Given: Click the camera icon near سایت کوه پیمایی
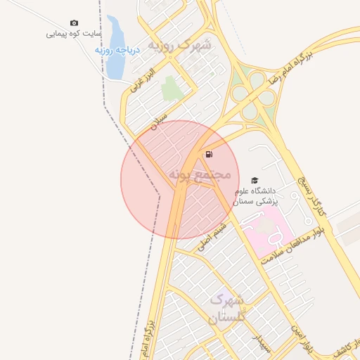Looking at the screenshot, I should click(x=75, y=23).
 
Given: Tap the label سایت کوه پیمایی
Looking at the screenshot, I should click(x=74, y=33).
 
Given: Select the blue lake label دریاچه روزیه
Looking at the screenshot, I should click(x=118, y=50).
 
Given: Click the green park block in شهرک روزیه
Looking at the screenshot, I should click(x=170, y=89).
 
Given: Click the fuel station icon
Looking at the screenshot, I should click(x=209, y=154).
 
